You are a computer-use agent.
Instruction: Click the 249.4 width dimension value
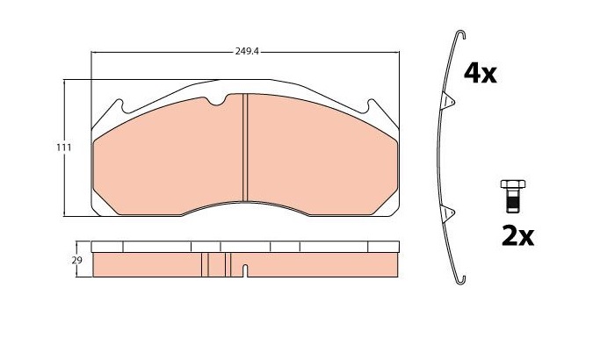click(x=247, y=52)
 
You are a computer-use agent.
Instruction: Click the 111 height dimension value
click(x=64, y=148)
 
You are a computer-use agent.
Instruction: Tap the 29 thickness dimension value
click(x=77, y=260)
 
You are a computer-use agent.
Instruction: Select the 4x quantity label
click(x=480, y=74)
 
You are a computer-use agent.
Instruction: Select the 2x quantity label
click(x=517, y=236)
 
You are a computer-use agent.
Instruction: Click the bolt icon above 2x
click(x=513, y=196)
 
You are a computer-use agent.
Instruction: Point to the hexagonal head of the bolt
click(x=513, y=184)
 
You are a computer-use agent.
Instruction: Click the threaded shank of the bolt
click(x=513, y=201)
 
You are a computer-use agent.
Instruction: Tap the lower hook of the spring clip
click(x=460, y=280)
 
